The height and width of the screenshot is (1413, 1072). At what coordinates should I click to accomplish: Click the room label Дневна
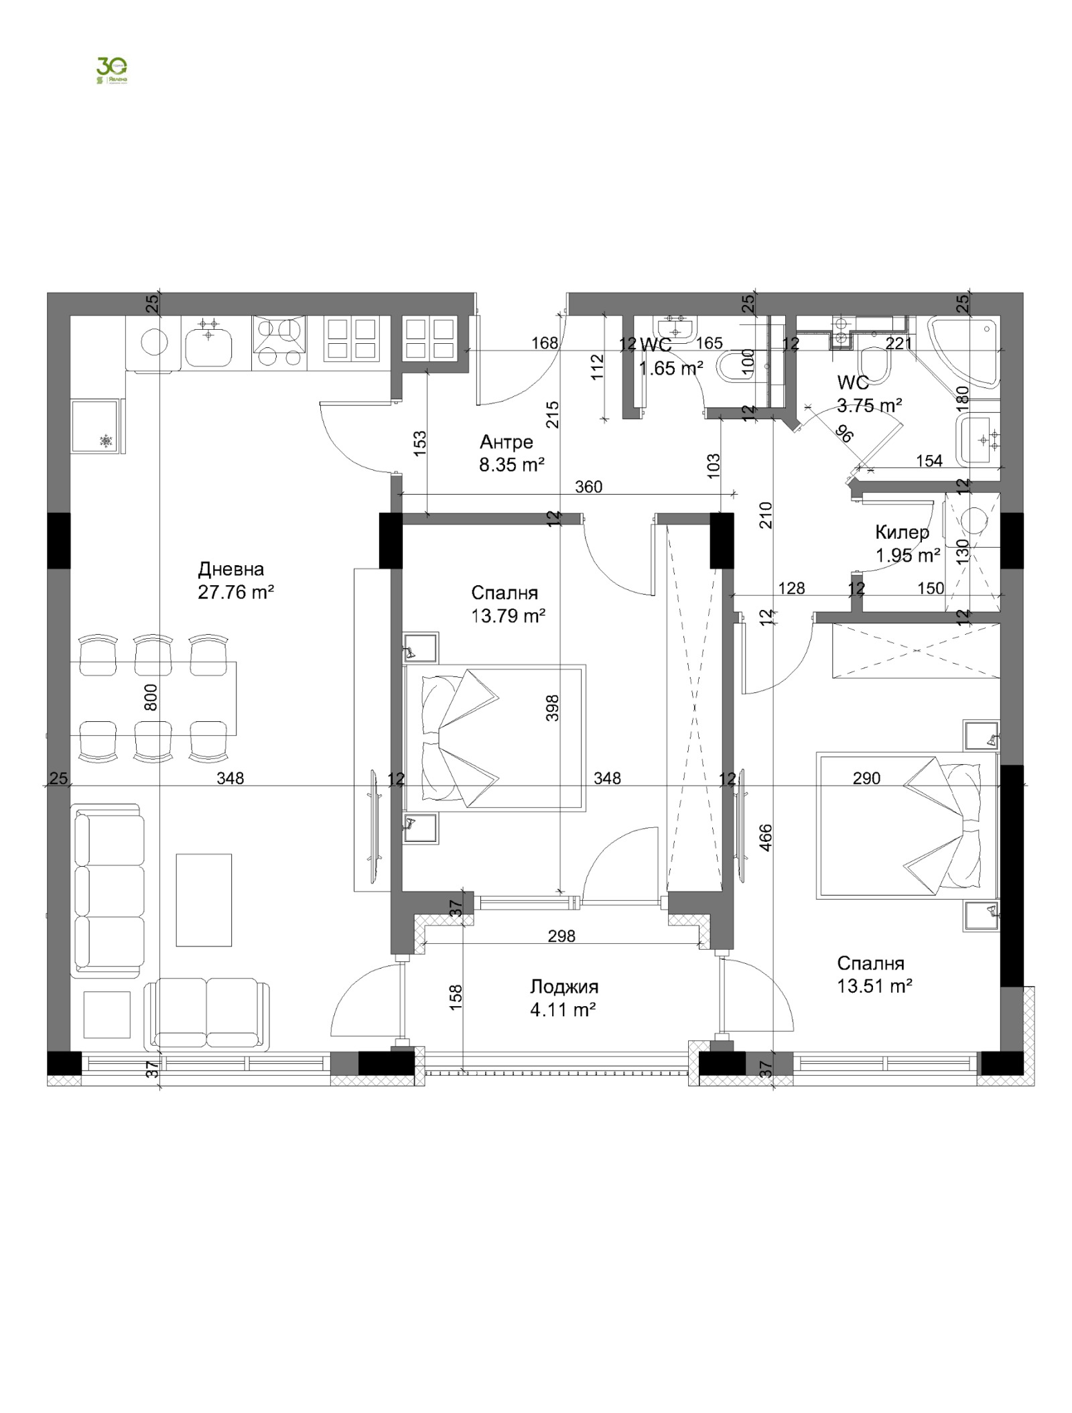pyautogui.click(x=230, y=569)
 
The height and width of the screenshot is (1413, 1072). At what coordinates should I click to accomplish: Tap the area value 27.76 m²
pyautogui.click(x=236, y=593)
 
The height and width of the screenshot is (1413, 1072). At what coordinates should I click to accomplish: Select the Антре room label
pyautogui.click(x=507, y=442)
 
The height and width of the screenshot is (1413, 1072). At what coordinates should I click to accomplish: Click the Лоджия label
pyautogui.click(x=563, y=986)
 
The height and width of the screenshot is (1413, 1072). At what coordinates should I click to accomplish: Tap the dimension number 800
pyautogui.click(x=151, y=697)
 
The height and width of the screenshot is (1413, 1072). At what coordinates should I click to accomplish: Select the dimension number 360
pyautogui.click(x=588, y=487)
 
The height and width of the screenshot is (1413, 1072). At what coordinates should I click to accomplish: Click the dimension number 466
pyautogui.click(x=767, y=837)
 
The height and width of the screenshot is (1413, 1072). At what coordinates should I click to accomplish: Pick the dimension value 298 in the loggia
pyautogui.click(x=561, y=936)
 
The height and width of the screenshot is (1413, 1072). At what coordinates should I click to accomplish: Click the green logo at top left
pyautogui.click(x=112, y=70)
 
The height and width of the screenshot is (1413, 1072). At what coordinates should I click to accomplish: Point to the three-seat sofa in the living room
pyautogui.click(x=109, y=892)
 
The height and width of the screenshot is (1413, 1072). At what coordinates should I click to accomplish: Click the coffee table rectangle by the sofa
pyautogui.click(x=204, y=900)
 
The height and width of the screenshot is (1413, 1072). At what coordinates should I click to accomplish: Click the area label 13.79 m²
pyautogui.click(x=507, y=616)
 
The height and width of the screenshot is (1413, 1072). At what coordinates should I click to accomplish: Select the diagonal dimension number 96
pyautogui.click(x=845, y=434)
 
